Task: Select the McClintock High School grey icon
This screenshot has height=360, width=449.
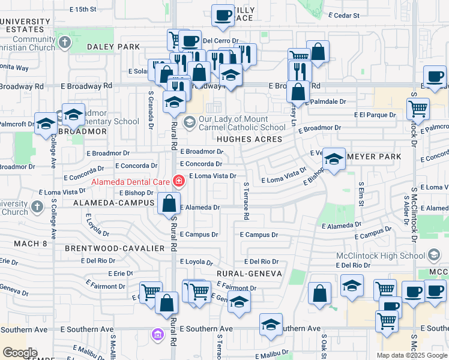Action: [x=433, y=256]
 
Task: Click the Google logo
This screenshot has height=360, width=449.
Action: [x=20, y=353]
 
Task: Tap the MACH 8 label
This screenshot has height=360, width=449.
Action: [x=32, y=243]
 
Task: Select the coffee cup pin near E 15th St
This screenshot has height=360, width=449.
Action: [x=223, y=16]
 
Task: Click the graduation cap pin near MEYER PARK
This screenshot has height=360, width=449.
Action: [x=334, y=159]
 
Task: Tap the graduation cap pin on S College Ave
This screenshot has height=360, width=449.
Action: [x=45, y=125]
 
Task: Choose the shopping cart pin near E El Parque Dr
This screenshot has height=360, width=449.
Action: [x=418, y=109]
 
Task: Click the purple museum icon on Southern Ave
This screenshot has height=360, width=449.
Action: [x=158, y=334]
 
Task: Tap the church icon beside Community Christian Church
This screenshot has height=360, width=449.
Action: [x=65, y=43]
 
